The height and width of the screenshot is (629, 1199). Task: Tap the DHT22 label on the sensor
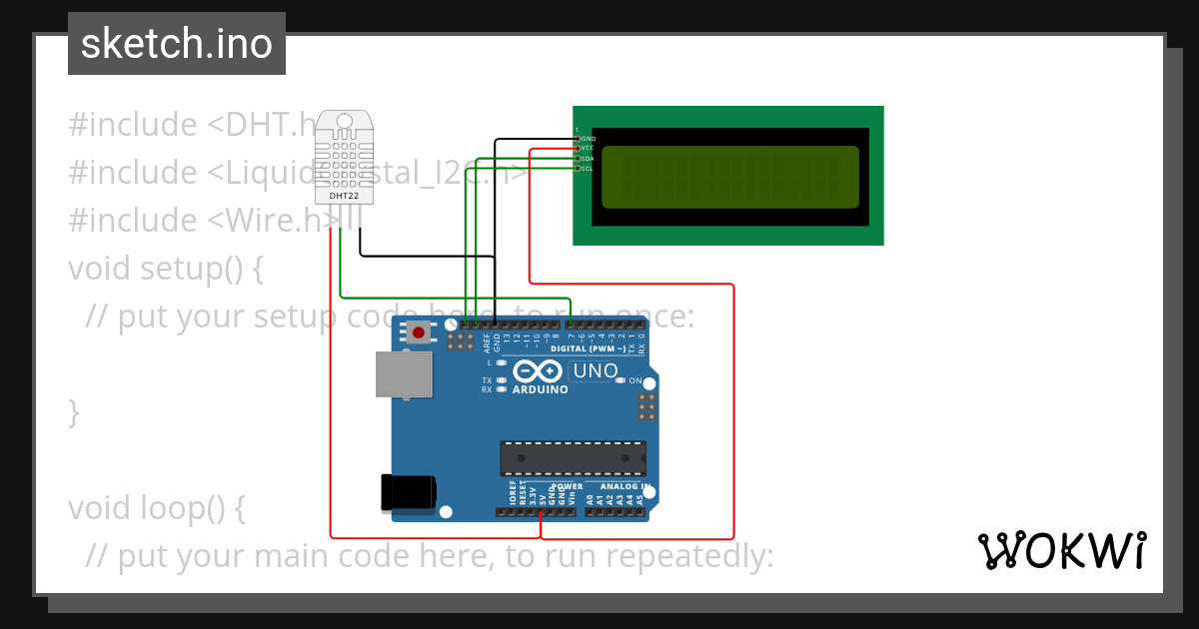[344, 196]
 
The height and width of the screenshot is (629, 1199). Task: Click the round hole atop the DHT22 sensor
[345, 121]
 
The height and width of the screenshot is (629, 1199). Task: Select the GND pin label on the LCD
[589, 138]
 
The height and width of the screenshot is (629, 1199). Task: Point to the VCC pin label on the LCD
[588, 148]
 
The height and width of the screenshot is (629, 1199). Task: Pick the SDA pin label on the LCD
[588, 159]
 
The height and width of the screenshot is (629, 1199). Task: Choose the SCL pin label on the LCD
[588, 169]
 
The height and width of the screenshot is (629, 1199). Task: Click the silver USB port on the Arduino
[405, 373]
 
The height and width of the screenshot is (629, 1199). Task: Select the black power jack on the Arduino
[408, 492]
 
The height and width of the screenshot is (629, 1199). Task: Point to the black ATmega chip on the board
[573, 457]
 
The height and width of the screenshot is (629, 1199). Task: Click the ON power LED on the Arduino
[620, 380]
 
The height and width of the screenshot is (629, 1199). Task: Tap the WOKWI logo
[1061, 550]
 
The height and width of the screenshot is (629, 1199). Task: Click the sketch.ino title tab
[177, 44]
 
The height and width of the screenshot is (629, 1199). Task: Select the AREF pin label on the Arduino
[487, 343]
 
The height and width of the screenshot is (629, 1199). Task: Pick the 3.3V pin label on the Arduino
[533, 494]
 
